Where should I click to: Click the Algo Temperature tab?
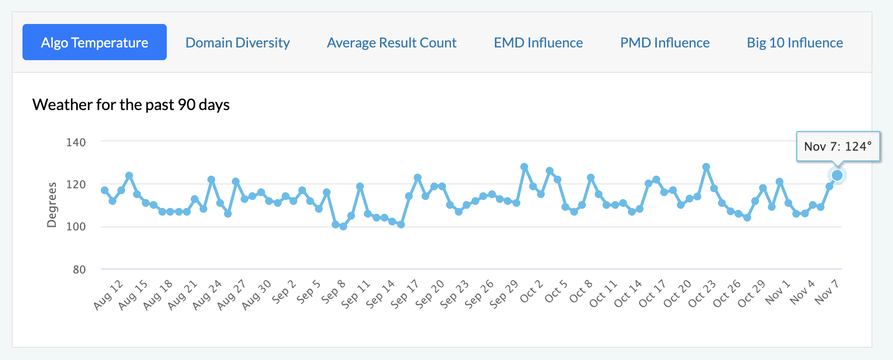[x=94, y=43]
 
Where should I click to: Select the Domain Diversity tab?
[x=238, y=43]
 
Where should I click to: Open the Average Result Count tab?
[x=392, y=43]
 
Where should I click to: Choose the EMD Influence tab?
[x=538, y=43]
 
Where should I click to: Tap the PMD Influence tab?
[x=665, y=43]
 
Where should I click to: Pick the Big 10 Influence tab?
[x=795, y=43]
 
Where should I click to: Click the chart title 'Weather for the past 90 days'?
[x=131, y=105]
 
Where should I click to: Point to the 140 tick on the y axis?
[x=76, y=142]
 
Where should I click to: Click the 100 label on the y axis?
[x=76, y=226]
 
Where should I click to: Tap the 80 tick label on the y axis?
[x=79, y=270]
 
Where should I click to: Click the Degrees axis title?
[x=52, y=204]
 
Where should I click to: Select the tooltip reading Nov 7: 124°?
[x=838, y=146]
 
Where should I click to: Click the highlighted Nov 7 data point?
[x=837, y=175]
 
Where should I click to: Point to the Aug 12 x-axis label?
[x=108, y=295]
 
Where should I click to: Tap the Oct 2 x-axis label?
[x=531, y=292]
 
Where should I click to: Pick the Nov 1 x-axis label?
[x=778, y=292]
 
